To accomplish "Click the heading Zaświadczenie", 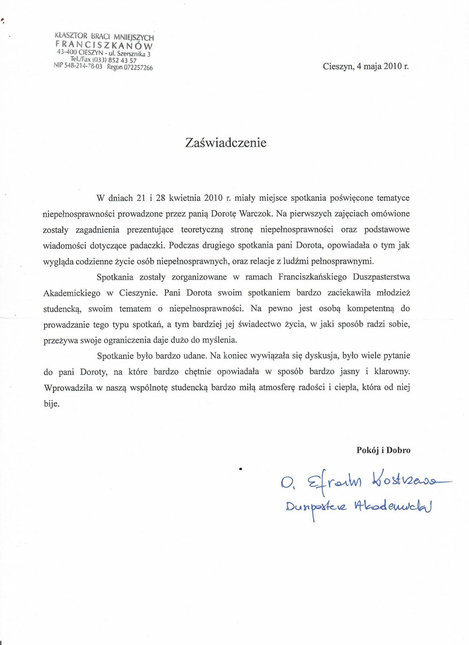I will click(226, 143).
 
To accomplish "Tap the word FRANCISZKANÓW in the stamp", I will click(104, 45).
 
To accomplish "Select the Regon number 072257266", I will click(138, 68).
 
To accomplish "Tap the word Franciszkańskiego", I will click(312, 277).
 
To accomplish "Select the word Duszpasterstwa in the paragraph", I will click(381, 277).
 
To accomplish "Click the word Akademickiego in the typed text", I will click(72, 293).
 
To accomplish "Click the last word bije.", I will click(51, 404).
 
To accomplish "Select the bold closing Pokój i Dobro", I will click(383, 450).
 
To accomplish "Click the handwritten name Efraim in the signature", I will click(334, 482).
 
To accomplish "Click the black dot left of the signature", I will click(240, 468).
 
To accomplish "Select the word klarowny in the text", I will click(392, 372).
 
